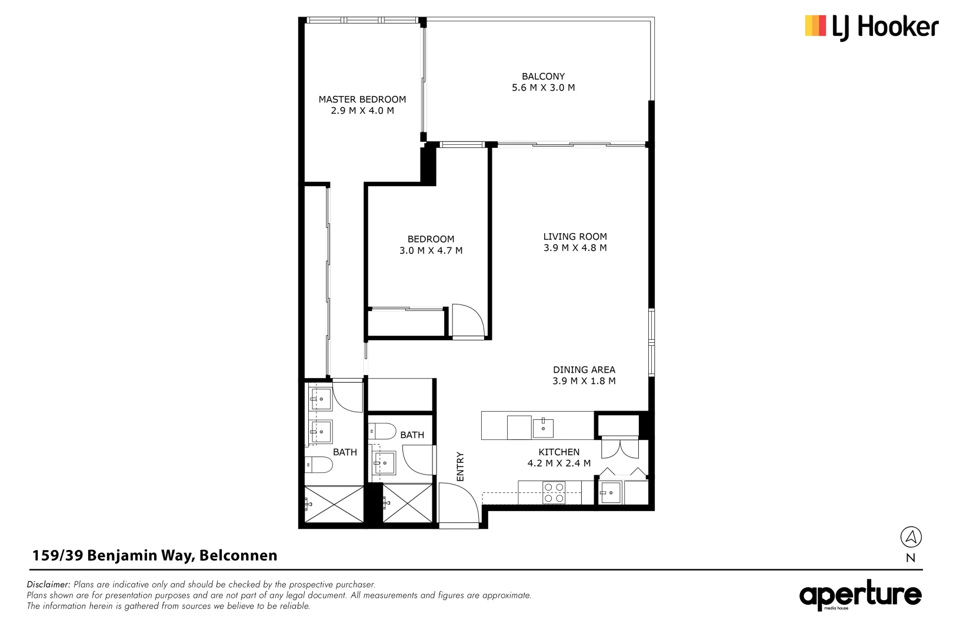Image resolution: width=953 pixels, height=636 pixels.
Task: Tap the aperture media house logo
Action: [860, 595]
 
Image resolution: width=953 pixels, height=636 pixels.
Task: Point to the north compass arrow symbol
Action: [911, 537]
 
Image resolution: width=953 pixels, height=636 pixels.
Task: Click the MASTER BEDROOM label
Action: [362, 100]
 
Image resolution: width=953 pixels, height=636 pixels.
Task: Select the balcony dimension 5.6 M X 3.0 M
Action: [543, 88]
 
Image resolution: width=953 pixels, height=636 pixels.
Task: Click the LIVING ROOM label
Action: [575, 237]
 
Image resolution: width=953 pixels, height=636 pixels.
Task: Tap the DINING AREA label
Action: [584, 370]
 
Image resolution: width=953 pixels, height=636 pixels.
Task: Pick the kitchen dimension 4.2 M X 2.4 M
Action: [559, 463]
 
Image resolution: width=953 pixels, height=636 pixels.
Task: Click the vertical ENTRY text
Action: [461, 466]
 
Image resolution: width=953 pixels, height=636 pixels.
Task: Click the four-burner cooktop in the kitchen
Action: [554, 492]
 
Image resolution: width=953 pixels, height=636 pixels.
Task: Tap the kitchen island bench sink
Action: [543, 428]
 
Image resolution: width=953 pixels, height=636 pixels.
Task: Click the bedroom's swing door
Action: [468, 321]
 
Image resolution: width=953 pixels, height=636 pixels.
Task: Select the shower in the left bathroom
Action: [334, 504]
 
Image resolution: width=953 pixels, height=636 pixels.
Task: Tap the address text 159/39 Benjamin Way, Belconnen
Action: [155, 555]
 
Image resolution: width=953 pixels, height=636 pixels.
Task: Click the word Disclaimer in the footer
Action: [49, 585]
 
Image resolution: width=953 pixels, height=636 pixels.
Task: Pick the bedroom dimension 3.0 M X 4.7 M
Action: [431, 251]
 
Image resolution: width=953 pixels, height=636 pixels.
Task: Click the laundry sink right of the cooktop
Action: [610, 492]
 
